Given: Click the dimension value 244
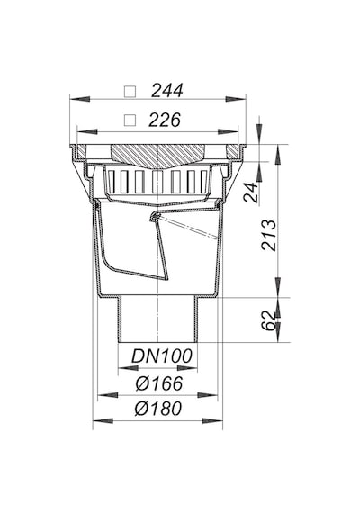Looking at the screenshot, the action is tap(166, 91).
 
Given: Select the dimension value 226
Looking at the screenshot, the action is tap(165, 120).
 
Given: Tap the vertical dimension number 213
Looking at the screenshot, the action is tap(269, 235).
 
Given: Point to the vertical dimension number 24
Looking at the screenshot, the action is tap(251, 193).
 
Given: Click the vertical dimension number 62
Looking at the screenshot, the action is tap(269, 321).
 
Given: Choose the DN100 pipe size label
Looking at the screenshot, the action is tap(162, 356).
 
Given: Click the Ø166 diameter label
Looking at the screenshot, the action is tap(159, 383).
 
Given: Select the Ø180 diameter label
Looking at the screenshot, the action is tap(158, 409).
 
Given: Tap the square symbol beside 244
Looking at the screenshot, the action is tap(130, 91).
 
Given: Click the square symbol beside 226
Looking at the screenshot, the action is tap(130, 121).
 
